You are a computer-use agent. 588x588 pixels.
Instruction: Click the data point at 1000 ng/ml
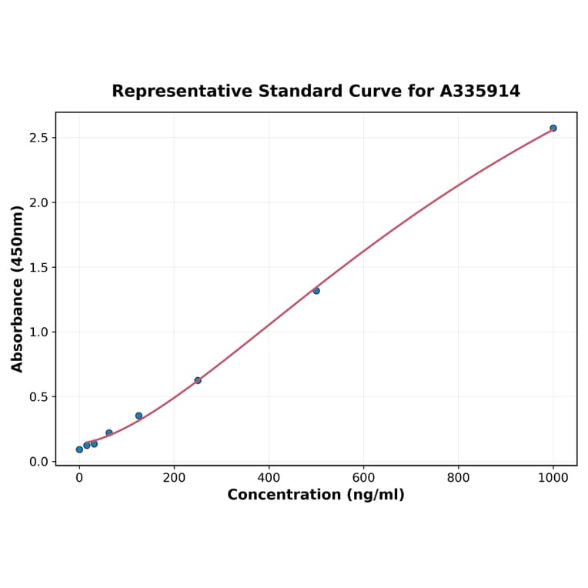(x=553, y=128)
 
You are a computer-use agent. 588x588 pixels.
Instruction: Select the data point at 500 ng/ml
(x=316, y=291)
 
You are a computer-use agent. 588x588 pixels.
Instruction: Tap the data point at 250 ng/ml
(x=198, y=380)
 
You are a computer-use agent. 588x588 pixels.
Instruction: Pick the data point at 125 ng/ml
(x=139, y=416)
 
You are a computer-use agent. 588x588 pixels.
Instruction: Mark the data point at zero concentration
(x=79, y=449)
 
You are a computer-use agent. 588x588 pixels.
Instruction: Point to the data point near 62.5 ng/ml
(x=109, y=433)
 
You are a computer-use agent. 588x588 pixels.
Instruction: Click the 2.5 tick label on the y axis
(x=38, y=138)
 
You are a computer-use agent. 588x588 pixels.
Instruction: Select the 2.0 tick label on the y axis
(x=38, y=202)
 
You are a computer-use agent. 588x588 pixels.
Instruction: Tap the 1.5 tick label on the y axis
(x=38, y=267)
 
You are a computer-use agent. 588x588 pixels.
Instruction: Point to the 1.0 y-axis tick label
(x=38, y=332)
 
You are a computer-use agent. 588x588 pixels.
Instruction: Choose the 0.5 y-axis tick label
(x=38, y=397)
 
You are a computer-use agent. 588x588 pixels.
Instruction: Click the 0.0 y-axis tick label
(x=38, y=462)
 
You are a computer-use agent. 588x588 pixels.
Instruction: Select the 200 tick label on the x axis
(x=174, y=477)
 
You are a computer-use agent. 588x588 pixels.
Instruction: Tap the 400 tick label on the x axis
(x=269, y=477)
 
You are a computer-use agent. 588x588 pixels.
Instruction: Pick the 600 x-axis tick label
(x=363, y=477)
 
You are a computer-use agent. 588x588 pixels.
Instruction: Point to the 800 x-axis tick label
(x=458, y=477)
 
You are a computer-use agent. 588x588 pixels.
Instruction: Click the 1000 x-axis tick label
(x=553, y=477)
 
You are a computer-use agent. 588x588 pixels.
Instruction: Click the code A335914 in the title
(x=479, y=91)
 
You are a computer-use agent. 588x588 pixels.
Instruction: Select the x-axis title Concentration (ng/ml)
(x=316, y=495)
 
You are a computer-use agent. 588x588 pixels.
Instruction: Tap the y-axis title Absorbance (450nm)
(x=18, y=289)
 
